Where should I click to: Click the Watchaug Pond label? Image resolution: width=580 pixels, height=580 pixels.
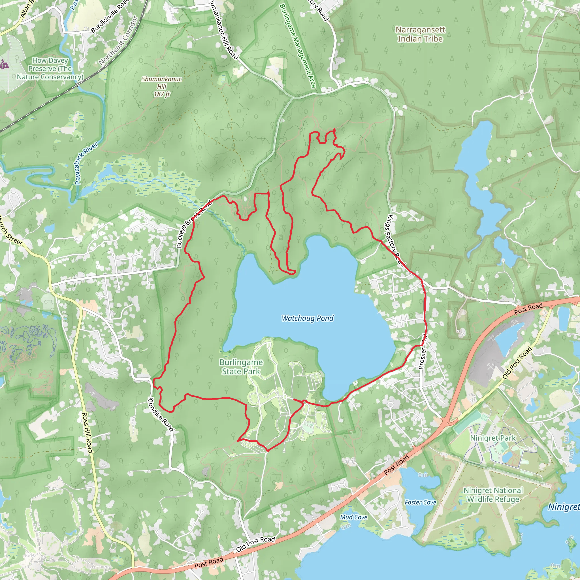pos(307,318)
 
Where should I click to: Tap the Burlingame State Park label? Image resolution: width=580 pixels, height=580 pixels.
pos(241,367)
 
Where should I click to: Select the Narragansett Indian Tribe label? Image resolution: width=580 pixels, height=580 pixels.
pos(420,34)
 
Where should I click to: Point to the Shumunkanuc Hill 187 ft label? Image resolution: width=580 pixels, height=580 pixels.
pos(162,86)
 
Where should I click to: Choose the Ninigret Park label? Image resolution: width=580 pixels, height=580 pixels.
pos(493,438)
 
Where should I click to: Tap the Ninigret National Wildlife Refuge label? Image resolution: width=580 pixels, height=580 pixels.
pos(493,495)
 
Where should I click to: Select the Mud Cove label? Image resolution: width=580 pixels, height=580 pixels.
pos(354,517)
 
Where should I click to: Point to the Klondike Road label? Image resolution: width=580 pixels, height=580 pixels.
pos(161,414)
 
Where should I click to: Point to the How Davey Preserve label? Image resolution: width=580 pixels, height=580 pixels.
pos(50,69)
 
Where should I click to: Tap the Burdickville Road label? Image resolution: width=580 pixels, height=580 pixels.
pos(109,16)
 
